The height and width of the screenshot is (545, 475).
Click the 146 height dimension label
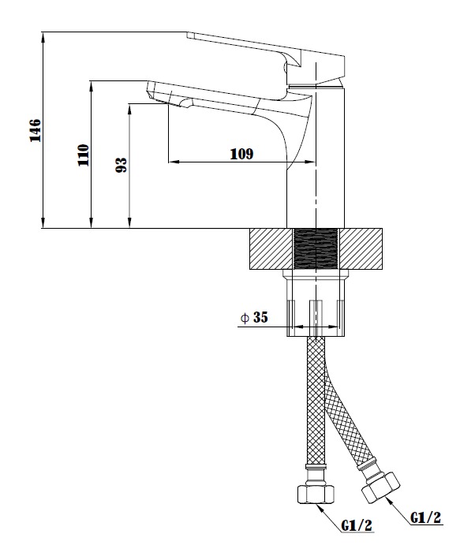coord(36,130)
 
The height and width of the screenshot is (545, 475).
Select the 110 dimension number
coord(84,155)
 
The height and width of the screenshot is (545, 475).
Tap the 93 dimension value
coord(121,165)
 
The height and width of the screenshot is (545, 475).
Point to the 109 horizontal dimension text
coord(241,154)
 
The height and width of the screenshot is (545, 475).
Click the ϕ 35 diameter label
coord(254,317)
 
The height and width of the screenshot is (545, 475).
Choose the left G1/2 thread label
coord(357,525)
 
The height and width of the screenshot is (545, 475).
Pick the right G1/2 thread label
coord(425,517)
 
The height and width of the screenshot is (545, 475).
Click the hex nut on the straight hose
coord(316,494)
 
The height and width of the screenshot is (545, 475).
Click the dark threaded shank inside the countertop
coord(316,249)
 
